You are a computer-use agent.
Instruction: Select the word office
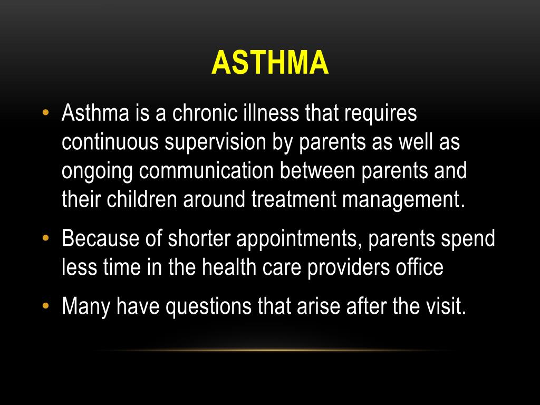[x=420, y=267]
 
